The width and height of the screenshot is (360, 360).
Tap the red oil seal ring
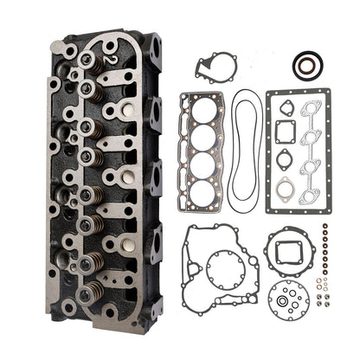[304, 64]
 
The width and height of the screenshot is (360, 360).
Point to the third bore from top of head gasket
[201, 164]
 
